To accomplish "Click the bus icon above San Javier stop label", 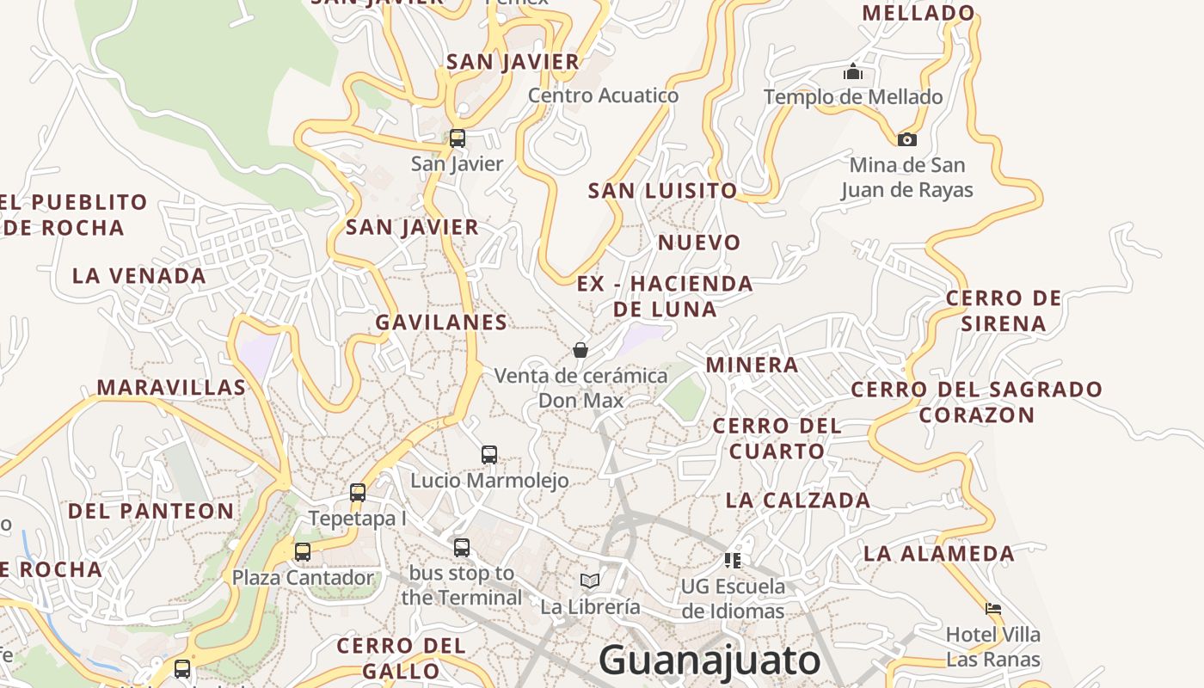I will [458, 138].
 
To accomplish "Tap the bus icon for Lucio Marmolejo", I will [489, 454].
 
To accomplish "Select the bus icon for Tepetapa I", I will [358, 493].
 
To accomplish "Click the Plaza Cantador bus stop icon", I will [303, 551].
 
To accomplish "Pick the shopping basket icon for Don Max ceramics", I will [580, 350].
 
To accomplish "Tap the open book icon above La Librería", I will [589, 580].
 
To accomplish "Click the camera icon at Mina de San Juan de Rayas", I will [906, 139].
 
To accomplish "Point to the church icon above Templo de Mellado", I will [853, 71].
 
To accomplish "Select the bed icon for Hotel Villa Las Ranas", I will [993, 609].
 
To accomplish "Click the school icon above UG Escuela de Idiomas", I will [733, 561].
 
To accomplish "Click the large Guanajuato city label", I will [709, 660].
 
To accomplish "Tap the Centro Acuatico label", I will [603, 95].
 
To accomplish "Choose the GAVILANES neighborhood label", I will [441, 322].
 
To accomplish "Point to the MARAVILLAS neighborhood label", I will [171, 387].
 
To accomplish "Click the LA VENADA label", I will [139, 276].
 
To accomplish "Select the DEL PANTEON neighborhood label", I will [150, 511].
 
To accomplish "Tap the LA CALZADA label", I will [798, 500].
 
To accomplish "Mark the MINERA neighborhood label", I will [752, 365].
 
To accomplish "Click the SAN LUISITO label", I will [662, 191].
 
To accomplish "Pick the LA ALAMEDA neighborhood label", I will [939, 553].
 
